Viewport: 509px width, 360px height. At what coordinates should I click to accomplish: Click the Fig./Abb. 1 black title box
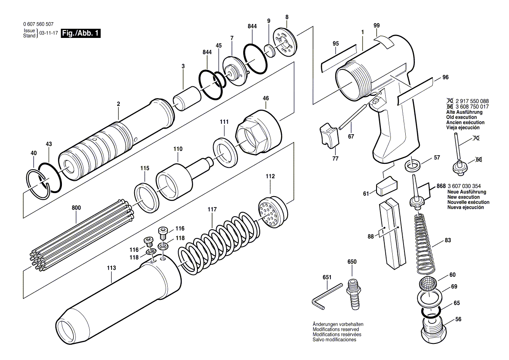81,33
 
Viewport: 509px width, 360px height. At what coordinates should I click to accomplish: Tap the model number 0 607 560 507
38,24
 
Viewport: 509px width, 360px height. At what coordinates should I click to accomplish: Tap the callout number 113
112,268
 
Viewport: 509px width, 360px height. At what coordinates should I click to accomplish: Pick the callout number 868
441,186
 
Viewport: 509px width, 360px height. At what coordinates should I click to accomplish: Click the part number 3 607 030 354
464,186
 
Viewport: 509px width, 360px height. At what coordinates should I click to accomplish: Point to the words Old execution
461,117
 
